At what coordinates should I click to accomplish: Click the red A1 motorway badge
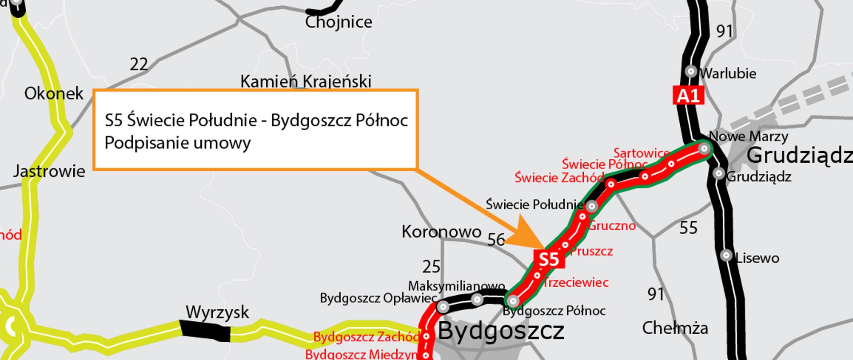(x=688, y=95)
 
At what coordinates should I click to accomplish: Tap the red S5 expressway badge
(x=549, y=259)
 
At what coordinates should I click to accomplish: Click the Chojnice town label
(x=338, y=22)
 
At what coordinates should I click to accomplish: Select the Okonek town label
(x=54, y=94)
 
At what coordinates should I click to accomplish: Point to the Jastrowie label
(x=49, y=171)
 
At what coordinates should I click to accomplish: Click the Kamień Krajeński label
(x=306, y=81)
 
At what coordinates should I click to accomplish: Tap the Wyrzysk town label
(x=217, y=312)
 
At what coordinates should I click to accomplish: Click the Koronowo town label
(x=441, y=232)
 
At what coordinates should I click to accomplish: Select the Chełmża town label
(x=675, y=328)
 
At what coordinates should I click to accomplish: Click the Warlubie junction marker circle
(x=691, y=71)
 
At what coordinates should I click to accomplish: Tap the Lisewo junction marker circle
(x=726, y=255)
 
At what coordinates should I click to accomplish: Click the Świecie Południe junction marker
(x=591, y=206)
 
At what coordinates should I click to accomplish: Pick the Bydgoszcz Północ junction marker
(x=513, y=300)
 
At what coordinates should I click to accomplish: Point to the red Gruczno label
(x=612, y=226)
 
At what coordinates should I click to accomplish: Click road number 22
(x=139, y=65)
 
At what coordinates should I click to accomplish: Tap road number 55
(x=688, y=228)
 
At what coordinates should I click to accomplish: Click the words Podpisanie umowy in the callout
(x=178, y=143)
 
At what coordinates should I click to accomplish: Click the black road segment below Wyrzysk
(x=205, y=331)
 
